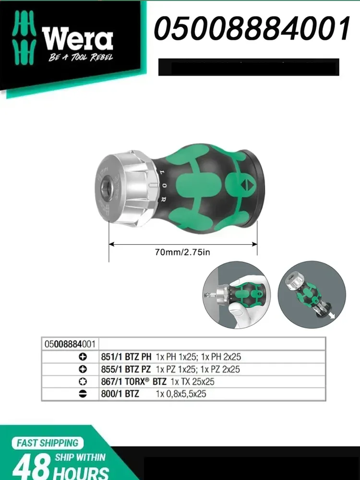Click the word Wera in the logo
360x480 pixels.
(x=77, y=38)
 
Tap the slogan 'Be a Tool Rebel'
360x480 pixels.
(x=81, y=57)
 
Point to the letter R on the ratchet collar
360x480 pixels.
(x=163, y=200)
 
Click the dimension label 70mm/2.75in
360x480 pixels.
(x=183, y=252)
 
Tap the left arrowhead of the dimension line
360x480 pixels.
(x=112, y=244)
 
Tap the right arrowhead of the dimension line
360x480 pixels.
(x=254, y=244)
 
